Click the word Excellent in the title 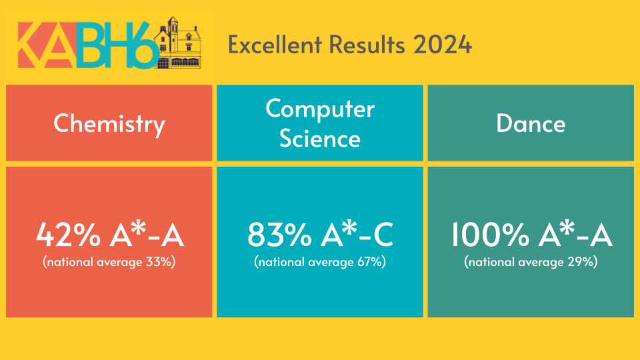pos(275,44)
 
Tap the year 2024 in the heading pos(443,44)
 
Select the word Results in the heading pos(367,44)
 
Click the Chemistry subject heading pos(109,124)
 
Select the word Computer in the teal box pos(320,109)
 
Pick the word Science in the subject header pos(320,139)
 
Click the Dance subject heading pos(531,123)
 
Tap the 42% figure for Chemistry pos(68,235)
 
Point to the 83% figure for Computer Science pos(279,235)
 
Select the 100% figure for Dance pos(491,235)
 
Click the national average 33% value pos(161,261)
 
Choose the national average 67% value pos(371,261)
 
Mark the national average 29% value pos(583,261)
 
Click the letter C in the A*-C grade pos(383,235)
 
